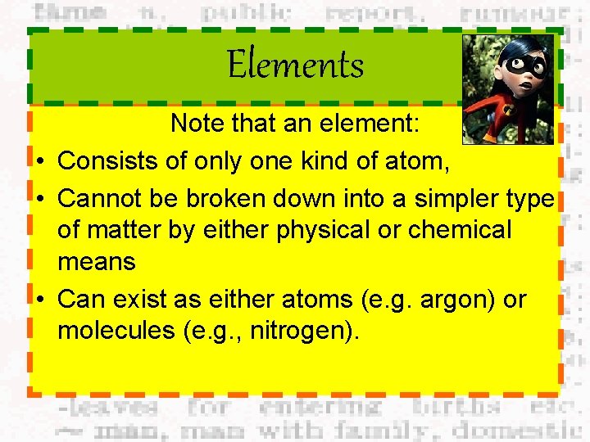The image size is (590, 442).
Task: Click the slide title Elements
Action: tap(295, 65)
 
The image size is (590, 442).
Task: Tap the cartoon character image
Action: tap(508, 88)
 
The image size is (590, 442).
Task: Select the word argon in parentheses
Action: tap(450, 300)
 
